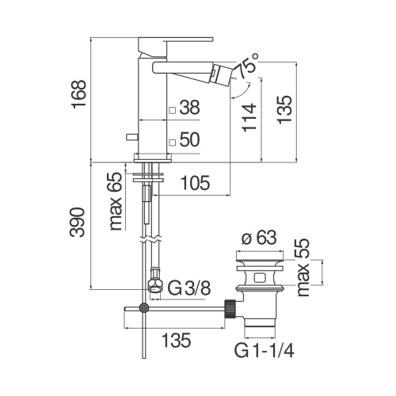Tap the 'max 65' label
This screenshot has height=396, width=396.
pos(117,201)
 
